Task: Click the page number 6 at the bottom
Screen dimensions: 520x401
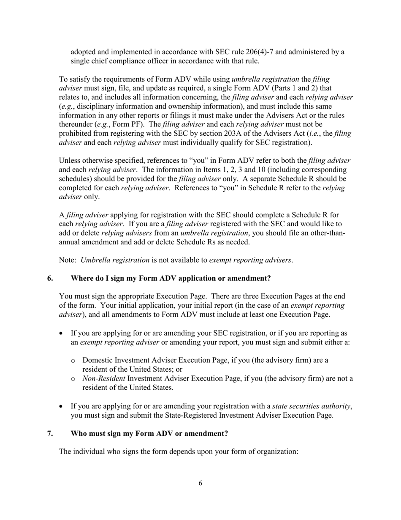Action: point(200,483)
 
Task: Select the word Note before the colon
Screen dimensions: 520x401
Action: point(67,260)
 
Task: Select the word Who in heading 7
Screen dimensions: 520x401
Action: point(79,433)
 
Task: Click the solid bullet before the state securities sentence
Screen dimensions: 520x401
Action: point(62,406)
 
